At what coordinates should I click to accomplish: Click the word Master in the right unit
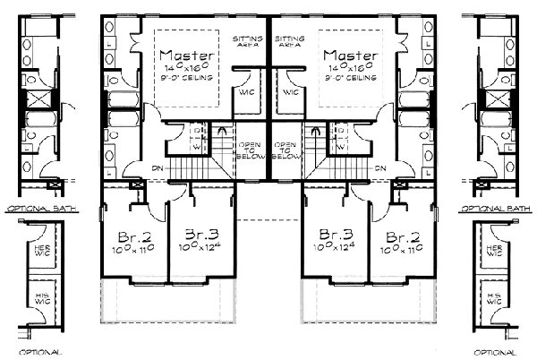coord(354,56)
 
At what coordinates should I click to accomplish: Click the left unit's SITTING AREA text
coord(247,43)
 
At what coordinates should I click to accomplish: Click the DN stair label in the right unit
coord(380,167)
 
